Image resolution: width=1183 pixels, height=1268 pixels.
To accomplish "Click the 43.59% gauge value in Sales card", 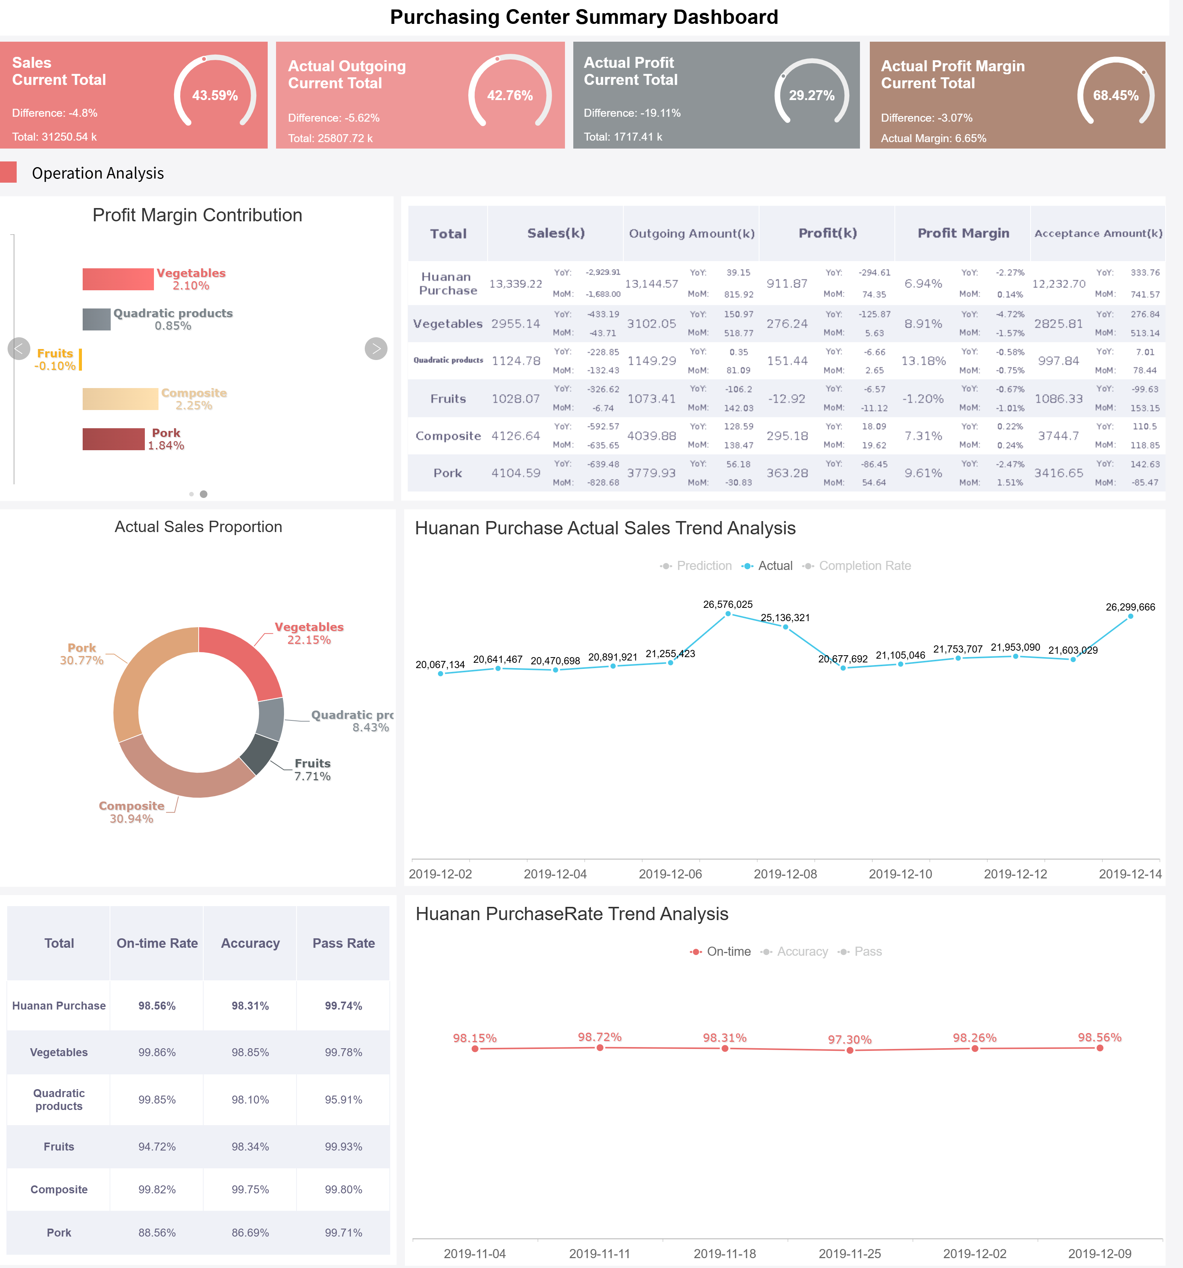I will click(x=215, y=95).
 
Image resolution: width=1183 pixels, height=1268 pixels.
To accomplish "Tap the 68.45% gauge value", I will click(x=1116, y=95).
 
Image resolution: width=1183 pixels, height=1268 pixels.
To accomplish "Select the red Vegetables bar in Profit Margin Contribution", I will click(x=118, y=279).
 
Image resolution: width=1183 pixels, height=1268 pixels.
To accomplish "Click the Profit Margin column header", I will click(x=963, y=233).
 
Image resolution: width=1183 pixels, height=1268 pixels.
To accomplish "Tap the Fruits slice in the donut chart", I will click(x=259, y=753).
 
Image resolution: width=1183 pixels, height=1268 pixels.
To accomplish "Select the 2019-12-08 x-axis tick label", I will click(x=785, y=874).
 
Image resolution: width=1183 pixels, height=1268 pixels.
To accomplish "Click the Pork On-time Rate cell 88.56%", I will click(x=157, y=1233).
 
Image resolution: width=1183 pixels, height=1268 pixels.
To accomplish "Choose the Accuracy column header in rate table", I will click(x=250, y=943).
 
